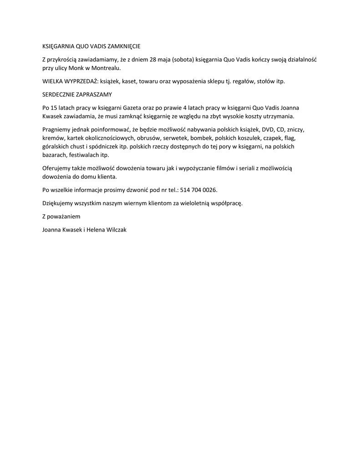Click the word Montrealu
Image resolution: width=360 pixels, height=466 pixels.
106,68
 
